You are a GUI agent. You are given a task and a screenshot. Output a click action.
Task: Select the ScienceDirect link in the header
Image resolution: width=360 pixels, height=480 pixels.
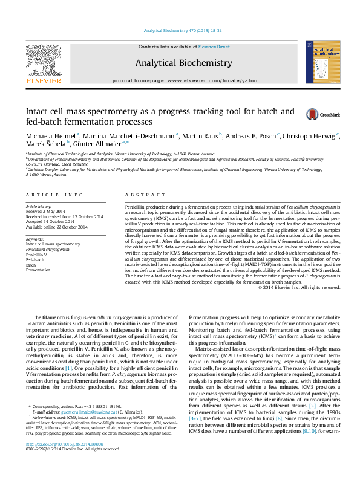[214, 47]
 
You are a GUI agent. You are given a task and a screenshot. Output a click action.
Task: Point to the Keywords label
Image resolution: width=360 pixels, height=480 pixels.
[35, 239]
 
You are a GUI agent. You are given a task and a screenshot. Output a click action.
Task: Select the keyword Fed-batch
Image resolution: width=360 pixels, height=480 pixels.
[35, 260]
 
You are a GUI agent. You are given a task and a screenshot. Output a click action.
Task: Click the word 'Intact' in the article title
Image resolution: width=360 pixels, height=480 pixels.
[36, 112]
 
